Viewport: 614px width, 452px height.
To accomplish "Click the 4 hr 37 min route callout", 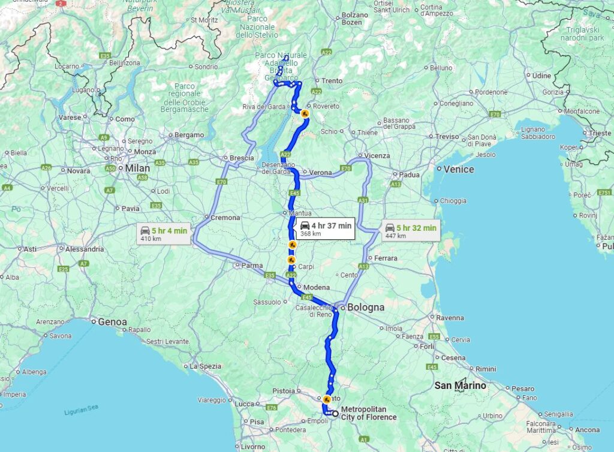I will coord(325,228).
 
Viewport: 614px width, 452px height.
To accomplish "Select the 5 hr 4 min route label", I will coord(163,233).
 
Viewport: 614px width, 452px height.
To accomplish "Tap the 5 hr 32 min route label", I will coord(411,231).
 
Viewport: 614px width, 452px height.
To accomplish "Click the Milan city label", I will coord(137,168).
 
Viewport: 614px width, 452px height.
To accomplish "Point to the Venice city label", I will coord(459,170).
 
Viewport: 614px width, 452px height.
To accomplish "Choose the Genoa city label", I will coord(113,322).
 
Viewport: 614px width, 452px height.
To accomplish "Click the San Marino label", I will coord(460,385).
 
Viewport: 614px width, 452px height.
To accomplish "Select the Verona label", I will coord(320,173).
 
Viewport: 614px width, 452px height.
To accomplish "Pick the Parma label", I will coord(252,265).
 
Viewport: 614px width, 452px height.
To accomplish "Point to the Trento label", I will coord(332,81).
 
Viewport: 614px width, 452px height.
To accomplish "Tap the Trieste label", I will coord(600,133).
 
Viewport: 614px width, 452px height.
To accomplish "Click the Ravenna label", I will coord(450,318).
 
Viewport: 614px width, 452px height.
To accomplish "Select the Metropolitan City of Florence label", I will coord(369,413).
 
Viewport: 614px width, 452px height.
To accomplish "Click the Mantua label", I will coord(300,213).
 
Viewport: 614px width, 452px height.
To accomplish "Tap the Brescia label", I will coord(242,158).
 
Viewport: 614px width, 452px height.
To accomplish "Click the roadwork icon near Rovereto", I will coord(305,113).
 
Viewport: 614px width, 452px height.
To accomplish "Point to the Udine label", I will coord(541,76).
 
